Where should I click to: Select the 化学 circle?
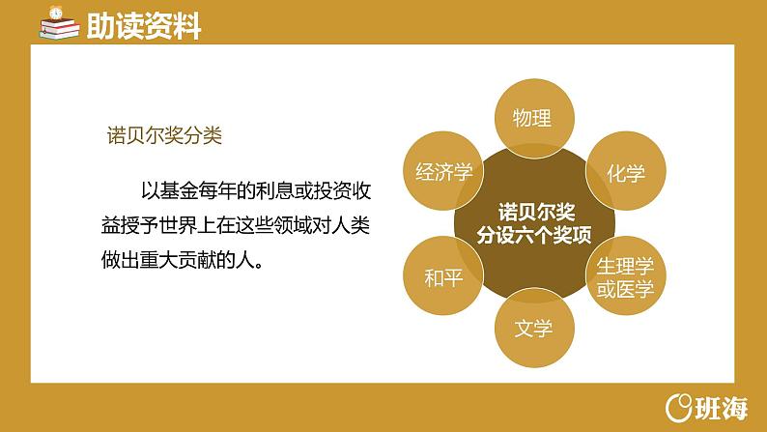pos(625,174)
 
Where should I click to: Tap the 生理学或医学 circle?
pos(625,276)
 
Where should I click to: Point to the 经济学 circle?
pos(442,173)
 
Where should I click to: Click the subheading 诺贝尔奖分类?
pos(164,135)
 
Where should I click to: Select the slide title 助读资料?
pos(143,27)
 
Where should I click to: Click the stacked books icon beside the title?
pos(61,25)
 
